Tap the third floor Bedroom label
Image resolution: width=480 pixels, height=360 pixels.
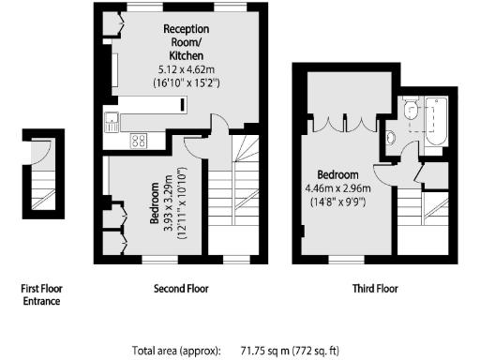337,175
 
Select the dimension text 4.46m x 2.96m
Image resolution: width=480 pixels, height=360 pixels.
337,187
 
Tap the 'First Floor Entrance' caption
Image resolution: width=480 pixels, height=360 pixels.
41,294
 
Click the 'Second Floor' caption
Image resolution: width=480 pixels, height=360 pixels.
181,289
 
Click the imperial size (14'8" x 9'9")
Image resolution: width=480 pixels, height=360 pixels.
337,202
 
